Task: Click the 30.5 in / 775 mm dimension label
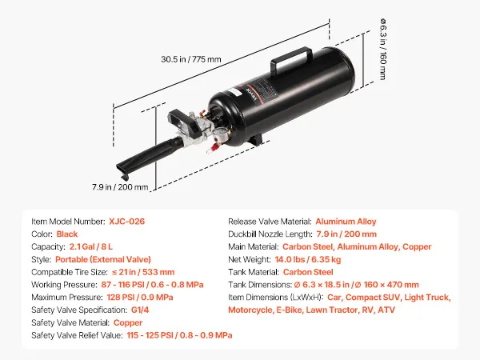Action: click(191, 59)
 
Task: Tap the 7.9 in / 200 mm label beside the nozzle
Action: click(120, 186)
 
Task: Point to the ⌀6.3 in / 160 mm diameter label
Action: click(382, 50)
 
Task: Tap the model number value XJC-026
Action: click(126, 222)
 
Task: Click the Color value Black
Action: click(67, 234)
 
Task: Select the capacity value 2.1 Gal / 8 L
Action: click(91, 246)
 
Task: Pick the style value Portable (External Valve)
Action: click(103, 259)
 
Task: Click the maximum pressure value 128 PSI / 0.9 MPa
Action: click(140, 298)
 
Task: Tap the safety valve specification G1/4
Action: click(140, 310)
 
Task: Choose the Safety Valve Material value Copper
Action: click(128, 322)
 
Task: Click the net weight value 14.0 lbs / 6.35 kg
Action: click(308, 259)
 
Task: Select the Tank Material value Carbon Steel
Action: click(308, 272)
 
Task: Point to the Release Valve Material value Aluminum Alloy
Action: click(346, 222)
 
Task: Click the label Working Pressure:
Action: click(64, 285)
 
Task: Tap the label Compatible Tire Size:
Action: click(70, 272)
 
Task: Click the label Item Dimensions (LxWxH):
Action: click(276, 298)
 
